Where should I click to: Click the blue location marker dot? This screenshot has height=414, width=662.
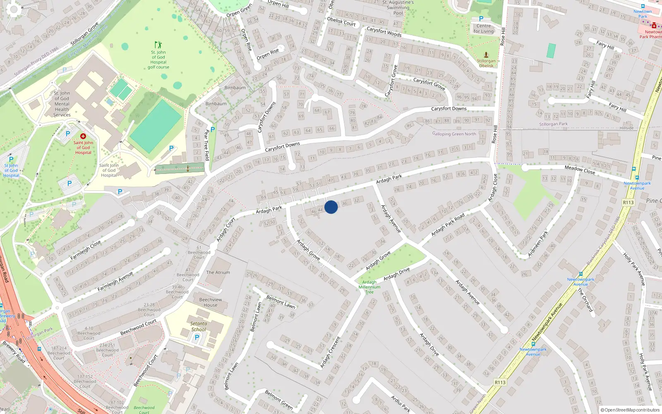pos(331,207)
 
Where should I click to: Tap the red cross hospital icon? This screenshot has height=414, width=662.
pos(83,136)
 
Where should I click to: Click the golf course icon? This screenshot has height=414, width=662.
pos(158,45)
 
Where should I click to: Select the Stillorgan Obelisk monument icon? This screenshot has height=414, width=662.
pos(486,55)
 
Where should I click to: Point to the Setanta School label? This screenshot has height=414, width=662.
pos(199,327)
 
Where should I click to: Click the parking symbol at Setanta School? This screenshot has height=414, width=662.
pos(197,337)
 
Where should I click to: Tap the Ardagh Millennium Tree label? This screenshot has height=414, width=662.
pos(369,287)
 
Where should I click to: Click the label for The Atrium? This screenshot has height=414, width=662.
pos(218,272)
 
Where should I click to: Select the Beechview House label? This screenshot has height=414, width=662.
pos(211,302)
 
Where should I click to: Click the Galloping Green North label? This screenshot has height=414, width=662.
pos(454,134)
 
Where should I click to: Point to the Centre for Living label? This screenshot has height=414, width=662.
pos(484,29)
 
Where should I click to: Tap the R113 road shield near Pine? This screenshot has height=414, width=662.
pos(628,202)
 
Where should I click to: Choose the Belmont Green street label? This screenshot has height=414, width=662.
pos(279,400)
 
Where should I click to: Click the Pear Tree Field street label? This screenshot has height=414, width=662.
pos(207,145)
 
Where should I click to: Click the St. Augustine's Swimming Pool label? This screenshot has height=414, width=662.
pos(398,8)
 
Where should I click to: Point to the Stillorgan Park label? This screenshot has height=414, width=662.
pos(553,124)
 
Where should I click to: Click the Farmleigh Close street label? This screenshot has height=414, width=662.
pos(85,250)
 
